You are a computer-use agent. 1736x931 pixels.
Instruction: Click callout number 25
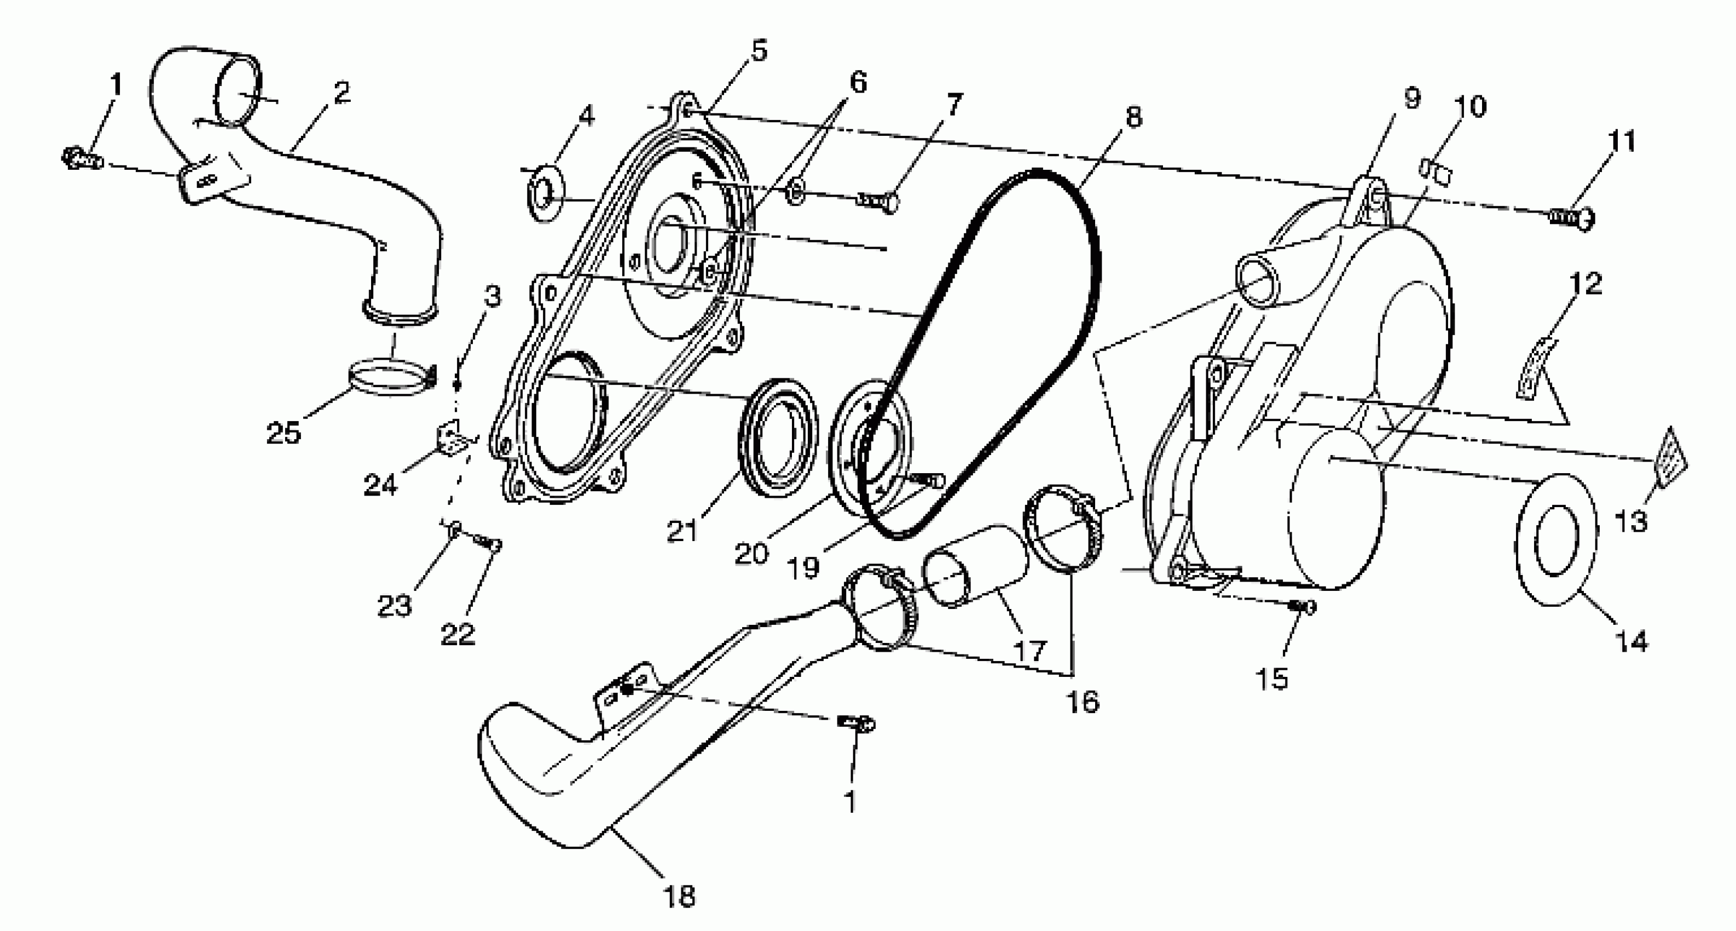click(x=283, y=433)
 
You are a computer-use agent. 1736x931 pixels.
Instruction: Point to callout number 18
click(x=679, y=896)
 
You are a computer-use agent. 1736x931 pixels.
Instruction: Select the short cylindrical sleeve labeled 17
click(x=974, y=566)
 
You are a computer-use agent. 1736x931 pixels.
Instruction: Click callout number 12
click(x=1585, y=284)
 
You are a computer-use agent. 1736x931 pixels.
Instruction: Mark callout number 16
click(x=1083, y=702)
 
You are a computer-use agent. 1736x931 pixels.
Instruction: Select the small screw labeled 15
click(x=1302, y=607)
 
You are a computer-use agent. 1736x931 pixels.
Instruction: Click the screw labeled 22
click(x=489, y=543)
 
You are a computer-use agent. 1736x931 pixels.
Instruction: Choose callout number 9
click(x=1412, y=99)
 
